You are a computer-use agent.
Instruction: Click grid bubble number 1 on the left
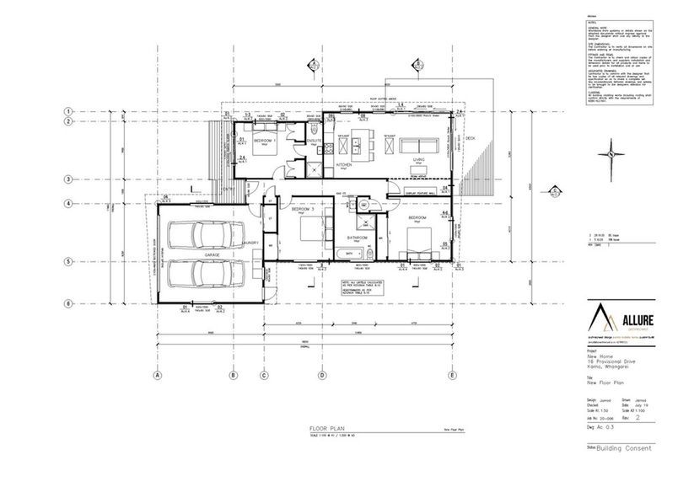pyautogui.click(x=72, y=112)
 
